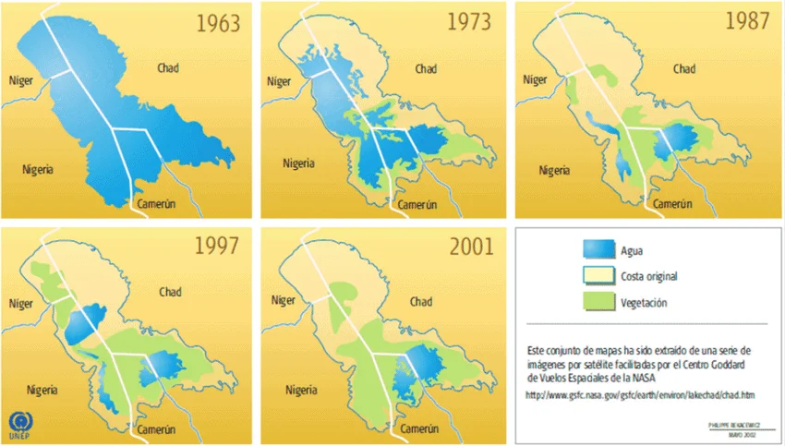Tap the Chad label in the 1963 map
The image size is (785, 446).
(168, 68)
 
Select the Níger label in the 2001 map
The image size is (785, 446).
(279, 302)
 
